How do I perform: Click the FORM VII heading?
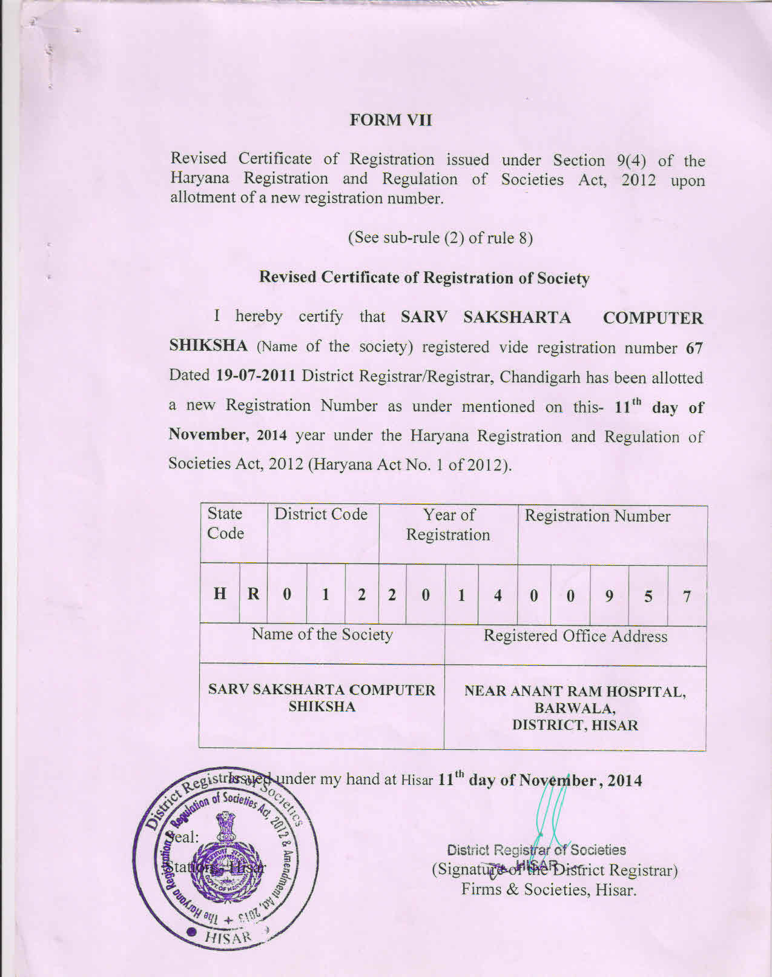tap(391, 120)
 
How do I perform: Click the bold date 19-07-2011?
tap(256, 376)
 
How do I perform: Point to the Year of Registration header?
tap(448, 525)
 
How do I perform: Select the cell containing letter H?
tap(220, 594)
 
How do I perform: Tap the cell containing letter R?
tap(253, 594)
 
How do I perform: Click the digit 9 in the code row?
tap(609, 596)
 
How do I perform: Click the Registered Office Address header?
tap(575, 636)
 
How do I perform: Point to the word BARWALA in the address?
tap(575, 708)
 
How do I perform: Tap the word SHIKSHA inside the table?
tap(322, 707)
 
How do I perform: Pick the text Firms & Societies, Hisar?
tap(549, 890)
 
